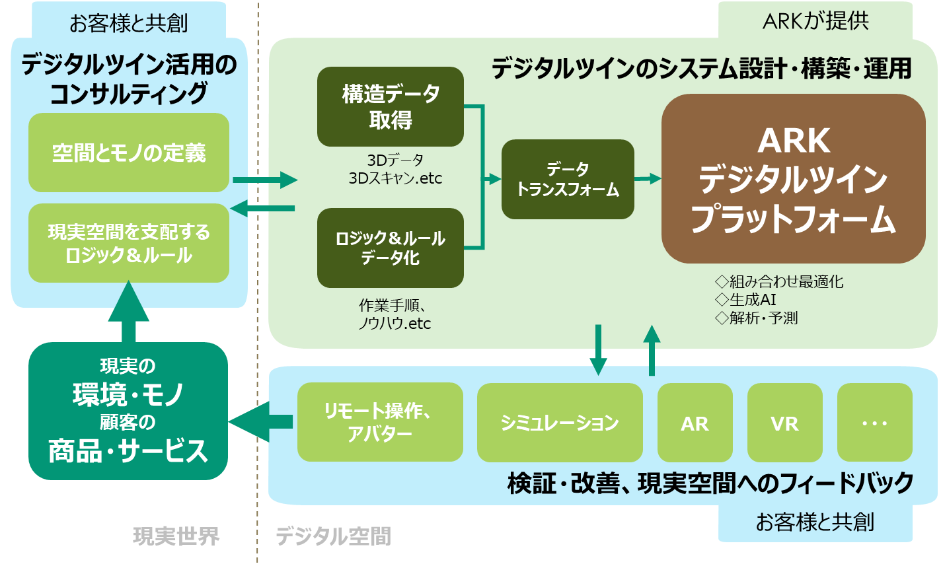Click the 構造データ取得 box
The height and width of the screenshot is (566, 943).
coord(391,106)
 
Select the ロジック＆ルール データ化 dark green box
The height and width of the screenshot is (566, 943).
coord(391,248)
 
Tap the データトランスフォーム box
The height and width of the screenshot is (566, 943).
coord(568,179)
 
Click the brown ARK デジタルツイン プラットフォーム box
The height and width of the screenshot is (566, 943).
coord(793,179)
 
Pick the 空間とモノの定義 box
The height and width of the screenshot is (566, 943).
coord(129,153)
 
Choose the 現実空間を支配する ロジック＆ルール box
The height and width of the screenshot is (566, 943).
coord(129,243)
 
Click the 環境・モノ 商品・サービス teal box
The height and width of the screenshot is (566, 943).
coord(128,411)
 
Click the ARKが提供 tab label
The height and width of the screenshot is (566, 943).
coord(815,20)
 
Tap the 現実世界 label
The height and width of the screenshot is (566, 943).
coord(176,536)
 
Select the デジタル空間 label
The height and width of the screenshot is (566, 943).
coord(333,536)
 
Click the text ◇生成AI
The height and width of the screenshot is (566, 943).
coord(745,300)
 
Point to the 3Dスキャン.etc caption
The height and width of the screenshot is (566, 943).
coord(395,178)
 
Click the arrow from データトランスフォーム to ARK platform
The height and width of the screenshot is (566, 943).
coord(648,178)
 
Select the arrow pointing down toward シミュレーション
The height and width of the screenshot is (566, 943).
coord(599,350)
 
